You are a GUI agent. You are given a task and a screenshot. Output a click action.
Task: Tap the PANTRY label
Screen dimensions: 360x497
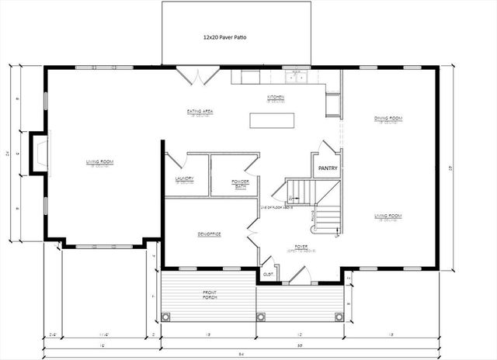pyautogui.click(x=327, y=167)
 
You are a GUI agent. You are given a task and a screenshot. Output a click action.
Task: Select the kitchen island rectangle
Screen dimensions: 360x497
pyautogui.click(x=272, y=120)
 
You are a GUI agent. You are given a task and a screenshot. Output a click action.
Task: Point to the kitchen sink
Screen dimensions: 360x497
pyautogui.click(x=296, y=76)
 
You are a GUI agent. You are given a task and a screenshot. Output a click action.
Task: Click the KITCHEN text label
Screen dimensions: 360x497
pyautogui.click(x=276, y=98)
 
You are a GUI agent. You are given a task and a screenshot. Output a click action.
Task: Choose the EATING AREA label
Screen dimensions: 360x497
pyautogui.click(x=200, y=112)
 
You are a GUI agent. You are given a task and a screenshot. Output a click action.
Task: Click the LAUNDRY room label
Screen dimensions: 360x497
pyautogui.click(x=184, y=179)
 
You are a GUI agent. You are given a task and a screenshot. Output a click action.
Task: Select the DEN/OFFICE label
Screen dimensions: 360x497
pyautogui.click(x=210, y=234)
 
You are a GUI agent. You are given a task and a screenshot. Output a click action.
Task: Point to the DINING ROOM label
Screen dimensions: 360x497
pyautogui.click(x=388, y=119)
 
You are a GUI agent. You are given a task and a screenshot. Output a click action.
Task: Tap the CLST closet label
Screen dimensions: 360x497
pyautogui.click(x=268, y=274)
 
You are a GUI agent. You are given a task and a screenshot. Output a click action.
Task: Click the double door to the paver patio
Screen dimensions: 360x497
pyautogui.click(x=197, y=77)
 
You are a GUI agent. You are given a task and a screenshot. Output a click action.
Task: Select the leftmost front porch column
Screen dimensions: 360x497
pyautogui.click(x=165, y=316)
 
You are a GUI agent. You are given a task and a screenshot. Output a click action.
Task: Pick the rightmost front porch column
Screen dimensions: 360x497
pyautogui.click(x=339, y=316)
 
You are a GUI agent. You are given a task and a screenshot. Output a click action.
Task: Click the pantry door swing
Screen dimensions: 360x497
pyautogui.click(x=328, y=147)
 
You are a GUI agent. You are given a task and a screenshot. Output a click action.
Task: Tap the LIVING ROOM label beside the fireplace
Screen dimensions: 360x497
pyautogui.click(x=100, y=162)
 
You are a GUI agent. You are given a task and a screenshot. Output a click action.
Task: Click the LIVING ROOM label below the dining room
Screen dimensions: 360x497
pyautogui.click(x=388, y=216)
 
